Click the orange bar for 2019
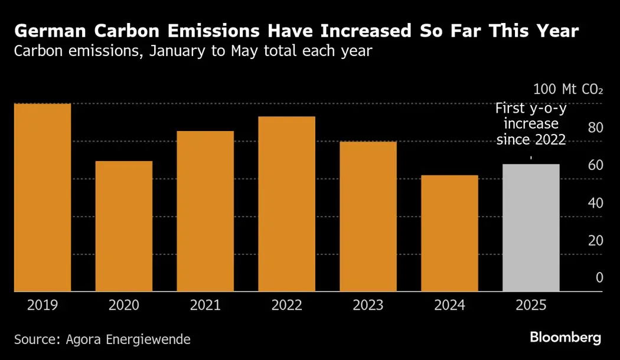[x=43, y=197]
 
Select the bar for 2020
[x=124, y=226]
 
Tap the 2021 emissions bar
[x=205, y=211]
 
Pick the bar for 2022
[x=287, y=204]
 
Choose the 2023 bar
[x=368, y=216]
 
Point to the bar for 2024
[x=449, y=233]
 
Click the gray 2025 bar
[x=531, y=227]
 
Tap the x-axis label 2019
[x=43, y=305]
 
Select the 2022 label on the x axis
[x=287, y=305]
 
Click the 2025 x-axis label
[x=531, y=305]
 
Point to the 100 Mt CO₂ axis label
[x=568, y=90]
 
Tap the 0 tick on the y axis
[x=599, y=278]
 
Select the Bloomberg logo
[x=565, y=338]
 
